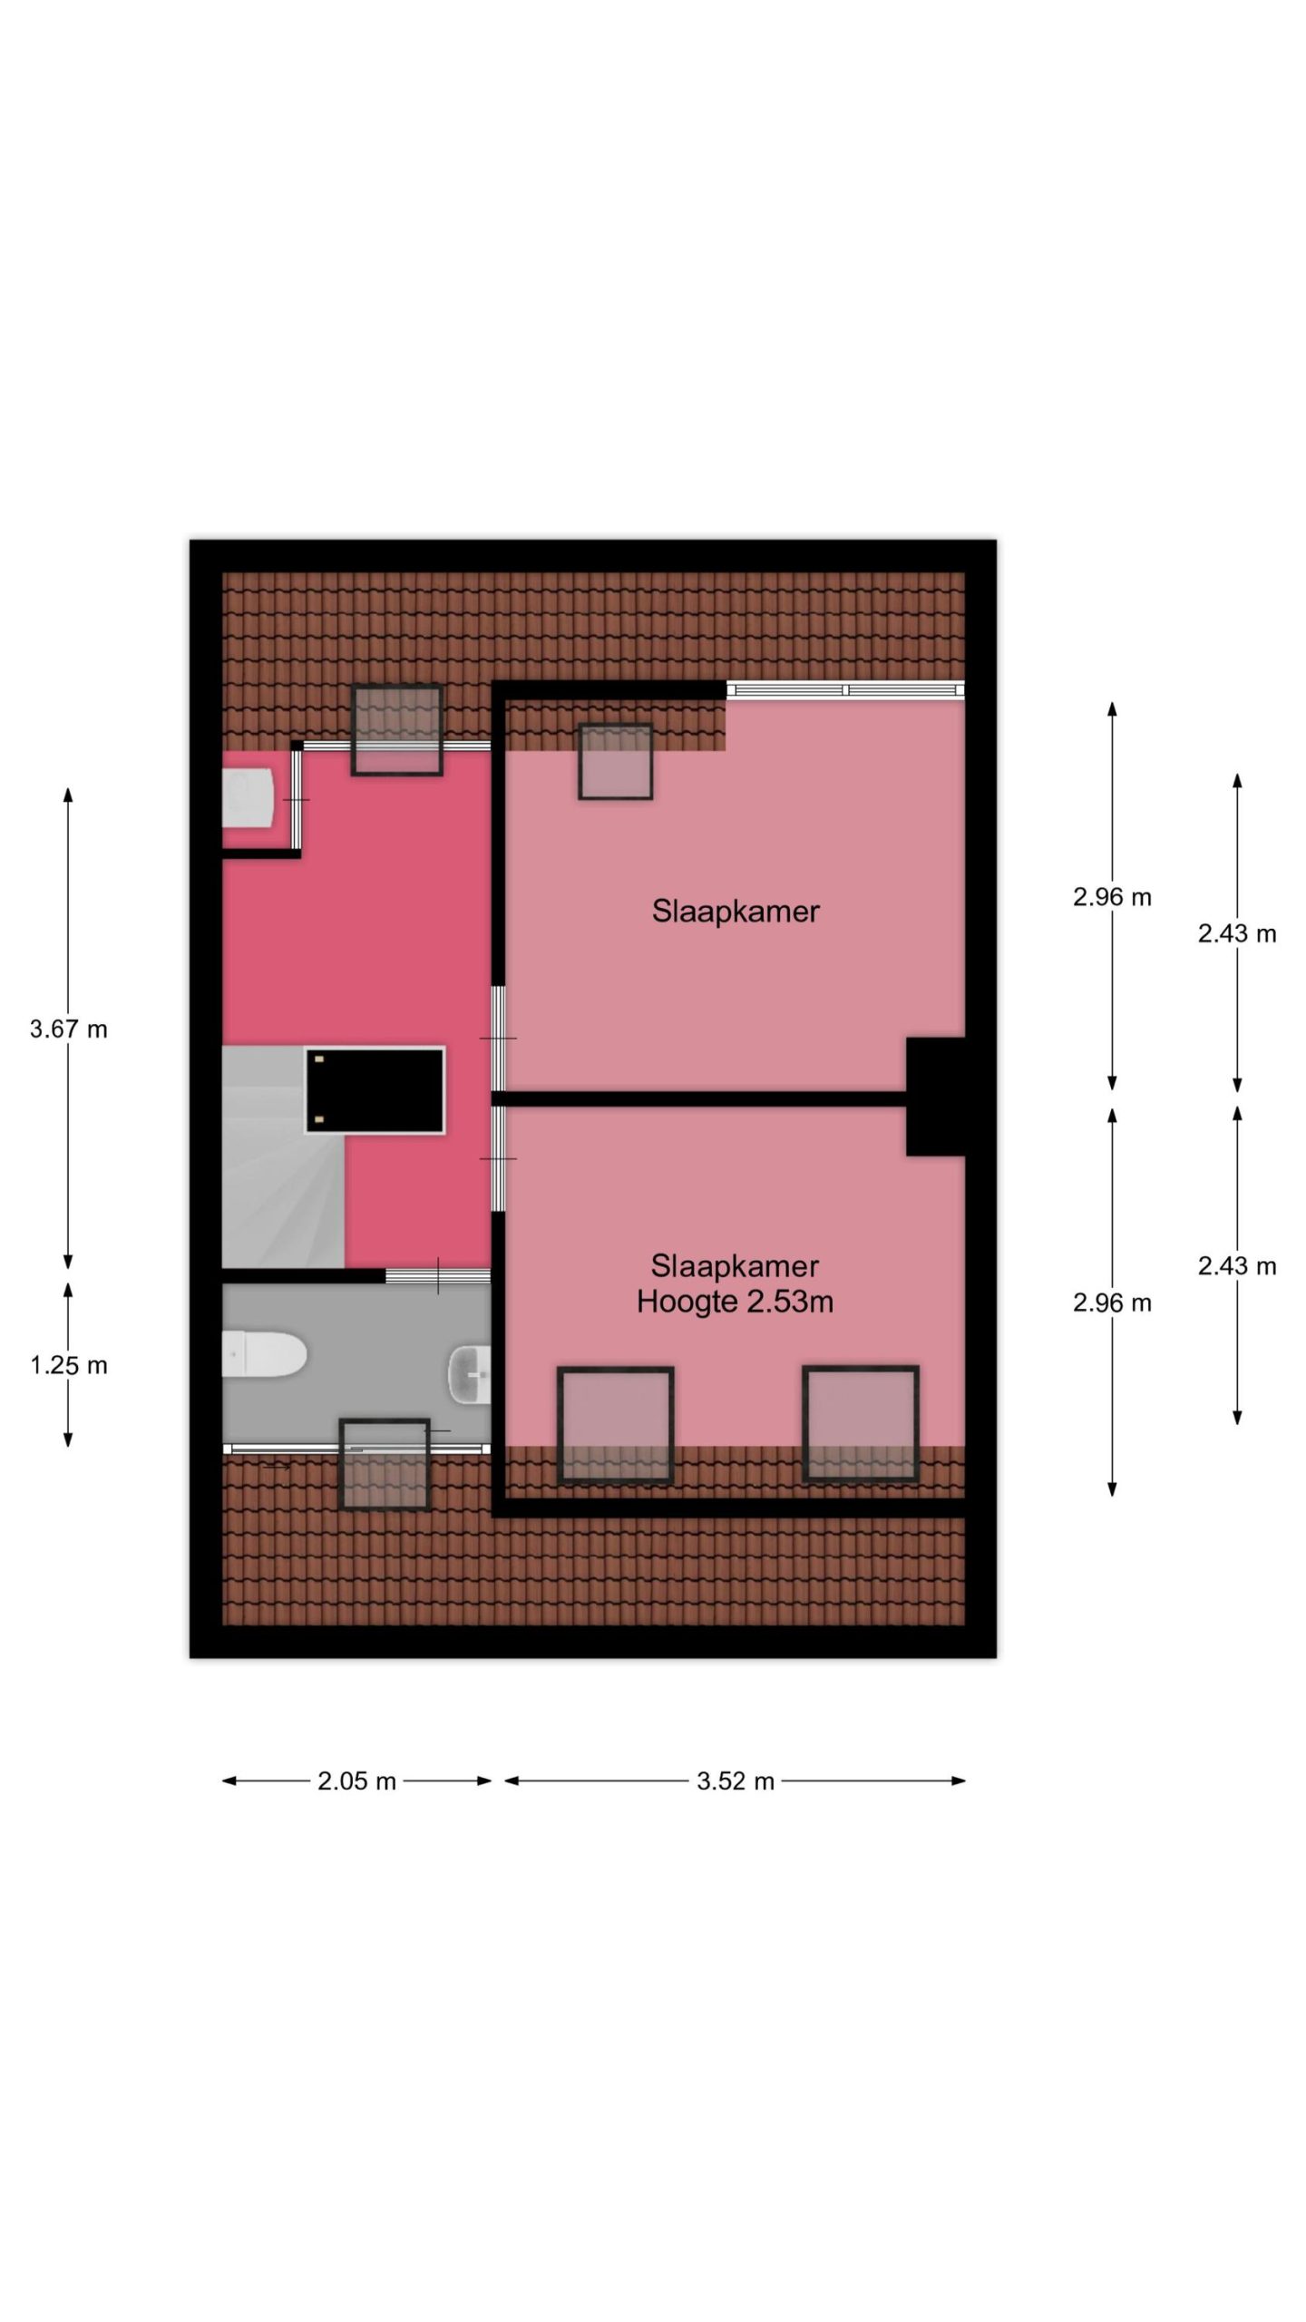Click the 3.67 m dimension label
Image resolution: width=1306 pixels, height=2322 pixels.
click(69, 1029)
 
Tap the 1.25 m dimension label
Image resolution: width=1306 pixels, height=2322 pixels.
click(69, 1364)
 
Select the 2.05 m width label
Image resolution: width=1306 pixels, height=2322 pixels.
click(356, 1781)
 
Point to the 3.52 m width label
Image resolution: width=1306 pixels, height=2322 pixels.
click(736, 1781)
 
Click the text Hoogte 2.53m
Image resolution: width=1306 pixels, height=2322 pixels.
click(735, 1302)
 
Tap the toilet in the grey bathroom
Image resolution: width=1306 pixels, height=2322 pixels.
click(265, 1354)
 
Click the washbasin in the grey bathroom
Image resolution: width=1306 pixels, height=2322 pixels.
click(470, 1372)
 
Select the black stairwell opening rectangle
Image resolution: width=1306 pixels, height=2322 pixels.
click(375, 1090)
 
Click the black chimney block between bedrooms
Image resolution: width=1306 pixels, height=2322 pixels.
click(936, 1097)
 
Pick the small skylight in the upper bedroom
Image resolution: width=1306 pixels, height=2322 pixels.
click(616, 762)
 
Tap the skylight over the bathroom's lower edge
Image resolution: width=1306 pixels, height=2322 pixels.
click(384, 1464)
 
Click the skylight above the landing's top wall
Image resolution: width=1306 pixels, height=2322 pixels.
click(397, 730)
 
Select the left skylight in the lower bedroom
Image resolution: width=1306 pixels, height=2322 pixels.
click(616, 1425)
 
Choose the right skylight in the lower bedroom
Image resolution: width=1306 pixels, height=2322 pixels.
click(861, 1424)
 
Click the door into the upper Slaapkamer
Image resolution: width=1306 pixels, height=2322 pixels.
click(498, 1039)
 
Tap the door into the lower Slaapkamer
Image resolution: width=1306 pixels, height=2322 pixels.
click(498, 1159)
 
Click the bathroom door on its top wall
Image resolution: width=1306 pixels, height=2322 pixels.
click(438, 1276)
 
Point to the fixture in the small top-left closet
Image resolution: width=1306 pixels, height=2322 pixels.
click(249, 798)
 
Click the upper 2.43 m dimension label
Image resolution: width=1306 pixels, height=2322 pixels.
click(1237, 933)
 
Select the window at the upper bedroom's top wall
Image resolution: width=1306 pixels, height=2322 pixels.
click(845, 690)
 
